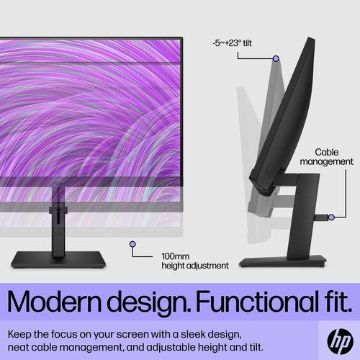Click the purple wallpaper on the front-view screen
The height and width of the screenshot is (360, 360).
pyautogui.click(x=86, y=108)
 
